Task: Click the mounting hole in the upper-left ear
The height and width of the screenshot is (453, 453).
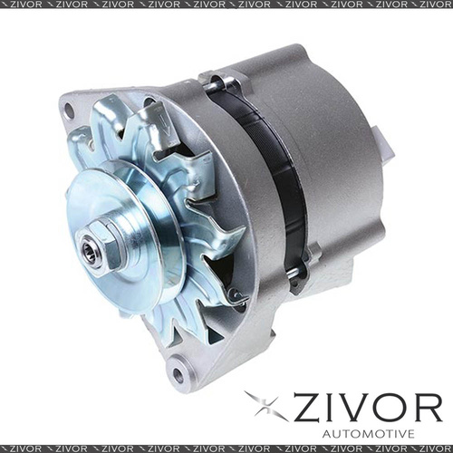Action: point(69,111)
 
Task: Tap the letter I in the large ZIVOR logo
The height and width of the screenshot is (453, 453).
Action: point(334,405)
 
